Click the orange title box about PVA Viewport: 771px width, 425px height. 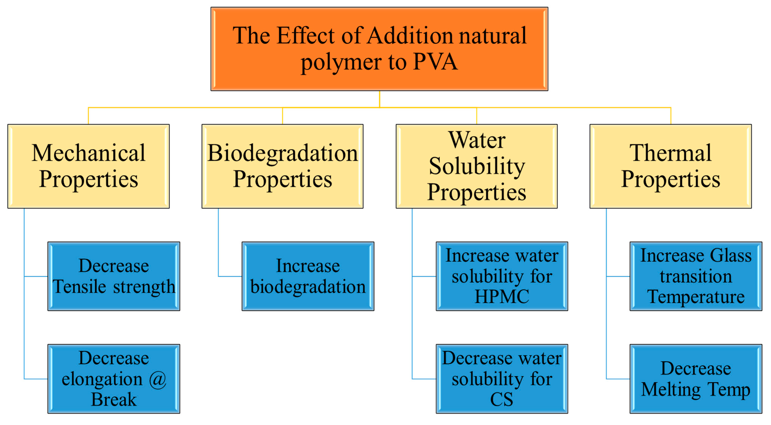tap(379, 49)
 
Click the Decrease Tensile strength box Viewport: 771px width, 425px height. tap(114, 276)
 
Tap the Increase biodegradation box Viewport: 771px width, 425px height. tap(308, 276)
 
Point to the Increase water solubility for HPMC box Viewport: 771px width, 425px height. tap(502, 276)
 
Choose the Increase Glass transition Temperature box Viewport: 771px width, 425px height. tap(696, 276)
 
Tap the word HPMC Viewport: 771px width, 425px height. tap(502, 297)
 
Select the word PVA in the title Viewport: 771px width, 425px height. tap(435, 62)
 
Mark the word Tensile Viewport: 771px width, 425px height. tap(79, 287)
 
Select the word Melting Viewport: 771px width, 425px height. tap(671, 390)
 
